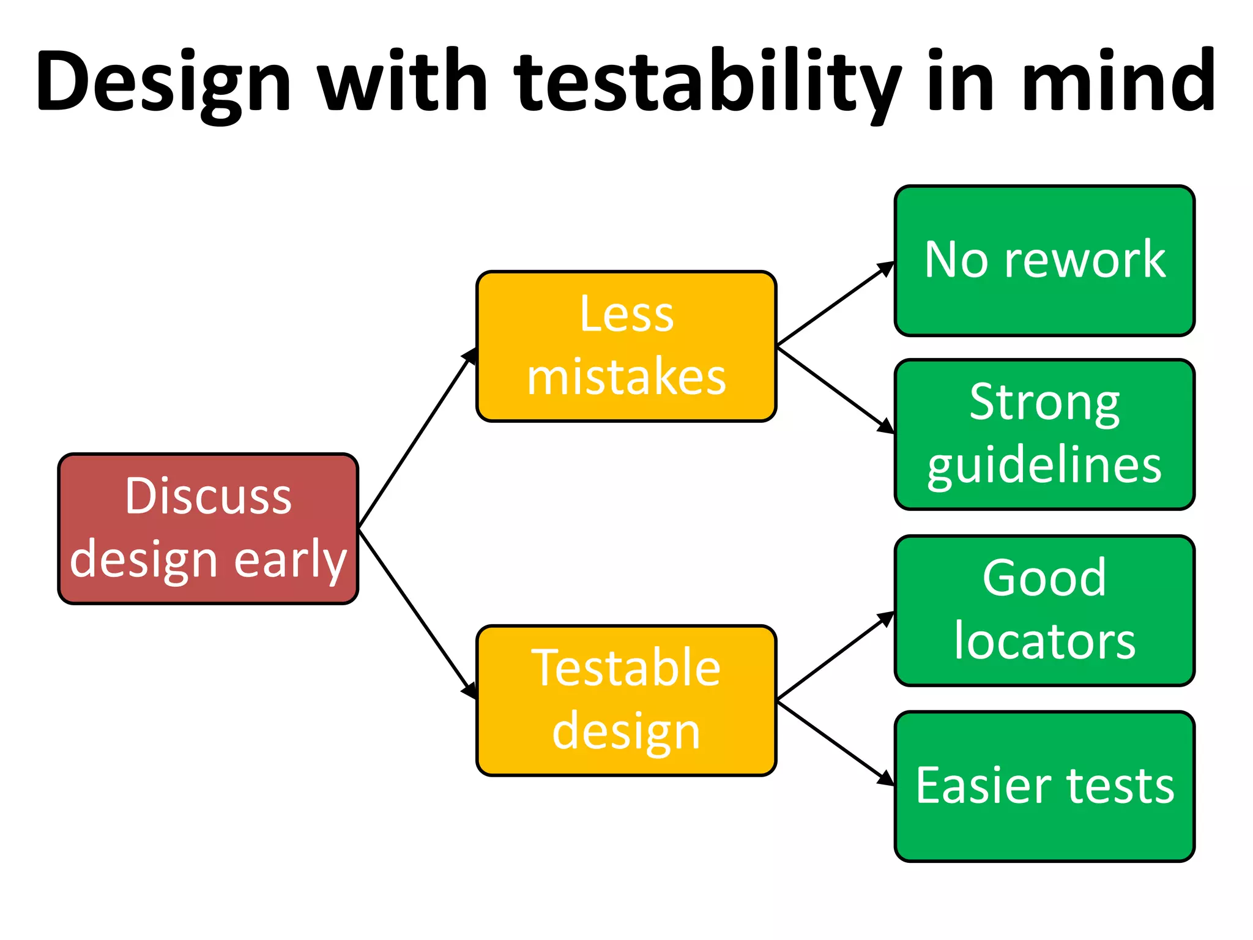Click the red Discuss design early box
(208, 529)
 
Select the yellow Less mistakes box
(626, 346)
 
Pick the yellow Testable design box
(626, 701)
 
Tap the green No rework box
(1044, 261)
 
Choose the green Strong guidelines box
(1044, 435)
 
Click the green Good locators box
(1044, 611)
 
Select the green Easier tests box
(1044, 786)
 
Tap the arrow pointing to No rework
(835, 303)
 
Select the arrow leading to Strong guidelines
(835, 390)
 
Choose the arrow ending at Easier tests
(835, 744)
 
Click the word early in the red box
(290, 560)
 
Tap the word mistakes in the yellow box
(626, 378)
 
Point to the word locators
(1044, 641)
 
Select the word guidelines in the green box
(1044, 466)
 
